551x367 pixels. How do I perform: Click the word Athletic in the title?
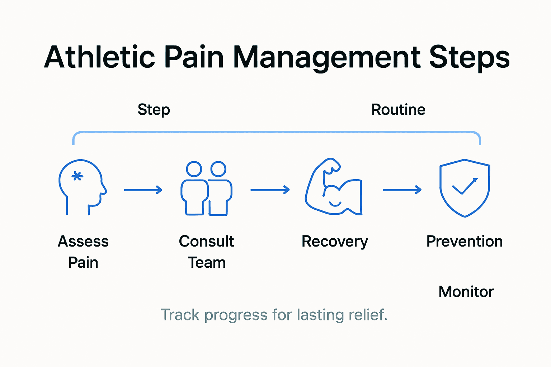99,57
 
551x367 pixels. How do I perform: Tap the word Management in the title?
326,57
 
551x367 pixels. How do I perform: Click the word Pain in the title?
194,57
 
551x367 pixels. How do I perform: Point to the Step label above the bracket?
154,110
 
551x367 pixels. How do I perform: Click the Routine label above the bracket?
398,110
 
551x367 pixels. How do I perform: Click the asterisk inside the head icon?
77,176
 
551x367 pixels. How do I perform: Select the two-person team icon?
206,189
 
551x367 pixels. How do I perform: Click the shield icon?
465,188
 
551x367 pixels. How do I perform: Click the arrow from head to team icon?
143,190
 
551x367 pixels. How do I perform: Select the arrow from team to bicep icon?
270,190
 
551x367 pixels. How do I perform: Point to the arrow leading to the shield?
402,190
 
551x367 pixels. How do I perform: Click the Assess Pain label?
83,252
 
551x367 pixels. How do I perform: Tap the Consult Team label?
207,252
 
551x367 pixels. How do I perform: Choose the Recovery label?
335,242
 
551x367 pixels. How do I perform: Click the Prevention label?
465,242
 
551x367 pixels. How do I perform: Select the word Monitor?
466,292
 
